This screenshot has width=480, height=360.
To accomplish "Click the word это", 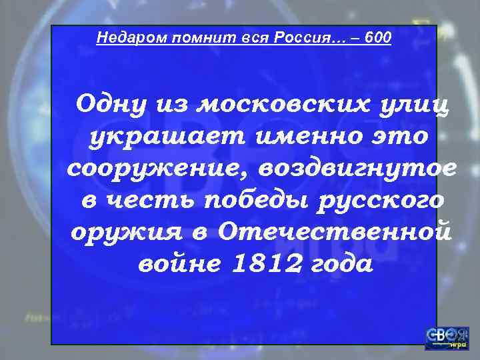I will [395, 137].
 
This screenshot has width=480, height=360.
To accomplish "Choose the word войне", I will [175, 265].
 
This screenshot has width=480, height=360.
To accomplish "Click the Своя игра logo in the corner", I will [447, 339].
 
